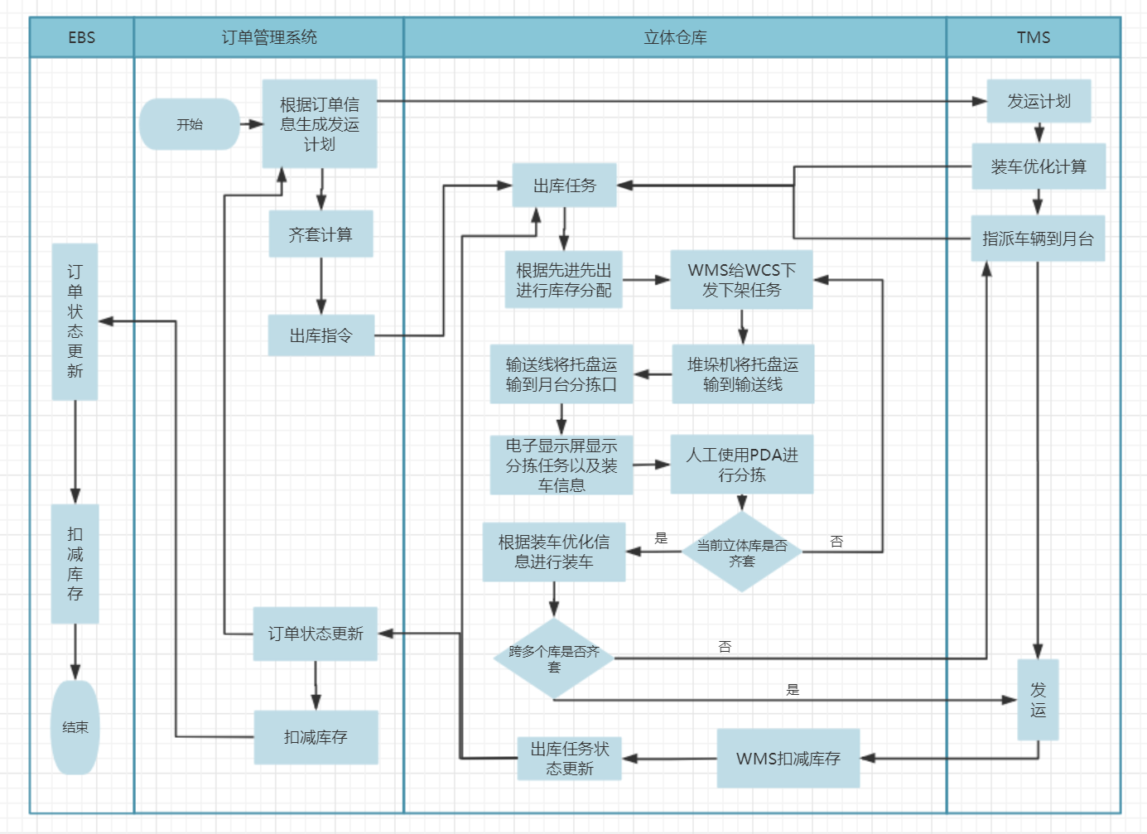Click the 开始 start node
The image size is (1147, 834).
click(x=190, y=124)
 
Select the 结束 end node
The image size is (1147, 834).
click(x=75, y=727)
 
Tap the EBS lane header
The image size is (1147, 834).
click(x=82, y=37)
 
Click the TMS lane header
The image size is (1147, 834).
click(x=1033, y=37)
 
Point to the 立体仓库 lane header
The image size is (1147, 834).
click(x=675, y=37)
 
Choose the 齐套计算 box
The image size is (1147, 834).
click(x=320, y=234)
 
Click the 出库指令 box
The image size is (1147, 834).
click(x=320, y=335)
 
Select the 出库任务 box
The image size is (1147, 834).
click(x=564, y=186)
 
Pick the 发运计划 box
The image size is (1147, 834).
click(x=1039, y=101)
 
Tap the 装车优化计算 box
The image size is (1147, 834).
click(x=1039, y=166)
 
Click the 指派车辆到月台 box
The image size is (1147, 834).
click(x=1038, y=239)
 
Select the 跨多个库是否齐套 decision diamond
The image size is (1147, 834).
click(x=554, y=658)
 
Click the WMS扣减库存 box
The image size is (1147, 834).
click(x=788, y=759)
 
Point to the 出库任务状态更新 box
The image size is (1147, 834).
click(x=570, y=759)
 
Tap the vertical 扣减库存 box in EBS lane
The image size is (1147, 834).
click(x=75, y=564)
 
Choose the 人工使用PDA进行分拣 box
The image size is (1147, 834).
click(x=742, y=465)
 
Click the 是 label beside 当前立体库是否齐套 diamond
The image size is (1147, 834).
click(x=661, y=538)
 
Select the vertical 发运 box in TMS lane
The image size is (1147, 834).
click(x=1038, y=700)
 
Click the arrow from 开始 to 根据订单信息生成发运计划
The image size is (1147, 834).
click(x=251, y=124)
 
